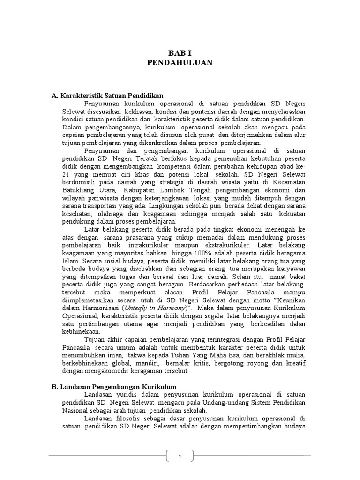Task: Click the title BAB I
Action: [x=180, y=52]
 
